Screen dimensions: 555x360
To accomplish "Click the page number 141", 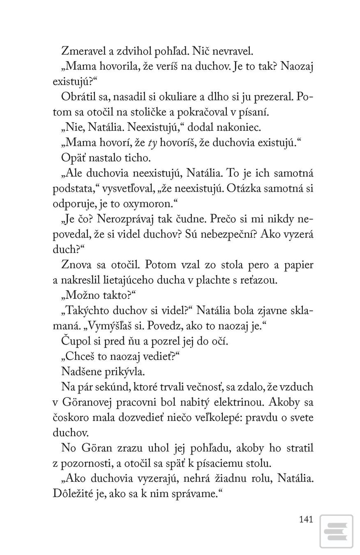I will pyautogui.click(x=306, y=519).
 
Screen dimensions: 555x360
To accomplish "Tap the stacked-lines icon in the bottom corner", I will pyautogui.click(x=336, y=531).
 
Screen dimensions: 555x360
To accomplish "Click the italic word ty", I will pyautogui.click(x=152, y=143).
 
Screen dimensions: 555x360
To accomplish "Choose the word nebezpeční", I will pyautogui.click(x=224, y=234).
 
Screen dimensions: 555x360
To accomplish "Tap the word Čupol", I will pyautogui.click(x=74, y=341).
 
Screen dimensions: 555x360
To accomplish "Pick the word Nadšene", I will pyautogui.click(x=79, y=371).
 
